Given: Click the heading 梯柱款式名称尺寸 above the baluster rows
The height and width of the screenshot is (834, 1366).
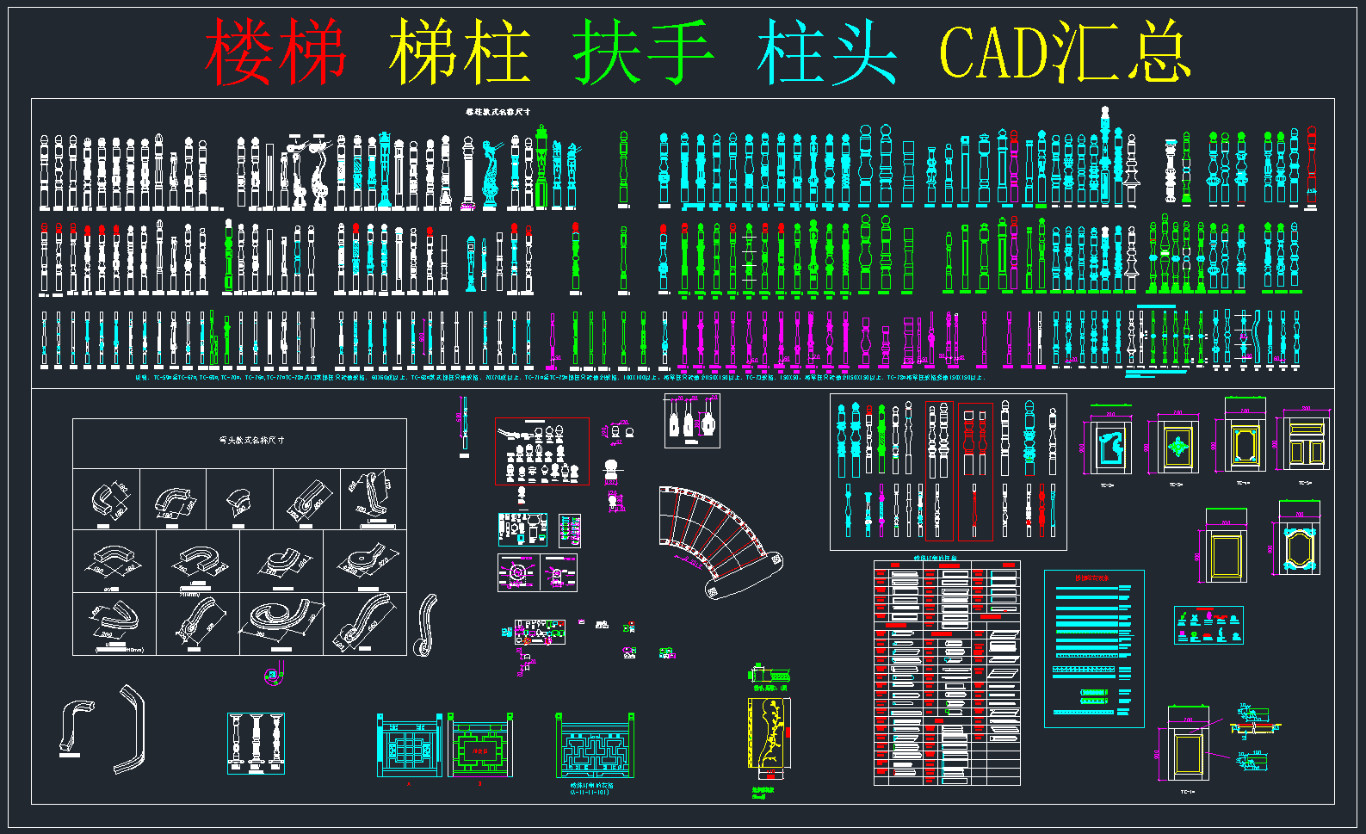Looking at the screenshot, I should [x=498, y=112].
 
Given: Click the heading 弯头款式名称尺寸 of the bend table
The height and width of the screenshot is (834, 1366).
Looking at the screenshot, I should [x=251, y=440].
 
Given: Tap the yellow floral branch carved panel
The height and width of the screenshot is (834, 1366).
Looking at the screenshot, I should [x=770, y=732].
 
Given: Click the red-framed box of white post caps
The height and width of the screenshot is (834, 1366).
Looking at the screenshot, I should [x=541, y=452].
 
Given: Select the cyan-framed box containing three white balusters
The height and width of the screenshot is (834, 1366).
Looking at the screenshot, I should [x=256, y=743].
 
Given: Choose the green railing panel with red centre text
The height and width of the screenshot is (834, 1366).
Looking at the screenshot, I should [x=479, y=748].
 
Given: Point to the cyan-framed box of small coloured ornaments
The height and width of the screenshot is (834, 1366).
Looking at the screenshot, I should [x=1208, y=625].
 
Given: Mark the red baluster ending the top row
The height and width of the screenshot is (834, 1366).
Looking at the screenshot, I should [x=1311, y=168].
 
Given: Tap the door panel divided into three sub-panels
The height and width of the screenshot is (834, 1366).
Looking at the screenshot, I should [x=1306, y=442].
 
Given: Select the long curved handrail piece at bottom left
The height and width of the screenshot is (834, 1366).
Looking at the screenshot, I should [x=129, y=730].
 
